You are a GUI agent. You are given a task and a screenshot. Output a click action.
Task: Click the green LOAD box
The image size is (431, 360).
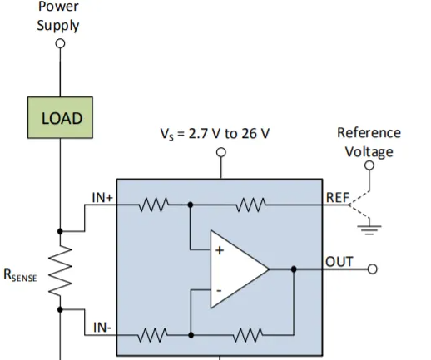coord(60,117)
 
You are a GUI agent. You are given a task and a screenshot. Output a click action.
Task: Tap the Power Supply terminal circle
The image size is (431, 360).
coord(60,43)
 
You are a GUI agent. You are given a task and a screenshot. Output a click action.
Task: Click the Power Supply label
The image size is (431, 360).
coord(58,16)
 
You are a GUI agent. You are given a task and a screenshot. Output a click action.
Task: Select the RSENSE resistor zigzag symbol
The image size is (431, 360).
coord(60,270)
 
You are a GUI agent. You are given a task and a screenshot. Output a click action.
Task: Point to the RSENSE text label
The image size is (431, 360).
coord(20,275)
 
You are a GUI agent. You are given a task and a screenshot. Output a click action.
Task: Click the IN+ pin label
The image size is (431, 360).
coord(102,198)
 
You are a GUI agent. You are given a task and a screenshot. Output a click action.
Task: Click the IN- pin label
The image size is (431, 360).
coord(102,328)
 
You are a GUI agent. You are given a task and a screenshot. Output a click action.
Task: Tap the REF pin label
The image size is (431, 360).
coord(337,198)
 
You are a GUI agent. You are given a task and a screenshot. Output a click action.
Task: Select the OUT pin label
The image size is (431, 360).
coord(339,262)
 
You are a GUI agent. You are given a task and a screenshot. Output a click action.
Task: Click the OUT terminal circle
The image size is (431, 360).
coord(372,269)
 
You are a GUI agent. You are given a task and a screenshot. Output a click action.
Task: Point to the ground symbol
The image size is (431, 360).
coord(369,229)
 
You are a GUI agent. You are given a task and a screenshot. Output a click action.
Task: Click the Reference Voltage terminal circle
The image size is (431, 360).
coord(369,165)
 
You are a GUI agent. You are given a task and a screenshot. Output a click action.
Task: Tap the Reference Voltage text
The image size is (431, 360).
coord(369,142)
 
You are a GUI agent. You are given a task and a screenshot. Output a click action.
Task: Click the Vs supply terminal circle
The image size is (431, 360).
coord(221,152)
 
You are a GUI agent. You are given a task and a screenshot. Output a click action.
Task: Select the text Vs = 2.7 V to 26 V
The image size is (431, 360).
coord(215,134)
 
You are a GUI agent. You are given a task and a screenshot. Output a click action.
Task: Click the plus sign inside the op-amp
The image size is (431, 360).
coord(220,250)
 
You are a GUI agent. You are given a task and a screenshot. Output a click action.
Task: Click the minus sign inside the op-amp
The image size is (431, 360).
coord(219,291)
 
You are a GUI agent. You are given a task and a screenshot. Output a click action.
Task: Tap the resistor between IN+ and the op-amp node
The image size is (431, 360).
coord(153,205)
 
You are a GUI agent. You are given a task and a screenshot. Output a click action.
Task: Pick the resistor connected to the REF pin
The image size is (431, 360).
coord(251,205)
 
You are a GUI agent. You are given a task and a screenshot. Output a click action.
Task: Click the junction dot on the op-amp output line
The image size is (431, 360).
coord(294,269)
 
